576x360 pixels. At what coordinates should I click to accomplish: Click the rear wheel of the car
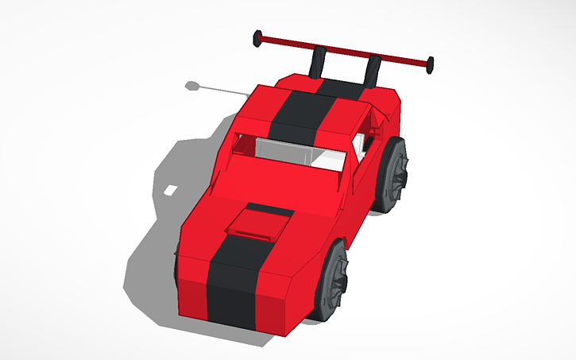click(x=392, y=176)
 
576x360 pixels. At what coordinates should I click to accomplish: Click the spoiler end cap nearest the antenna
click(x=257, y=37)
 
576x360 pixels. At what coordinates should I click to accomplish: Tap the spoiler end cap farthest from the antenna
click(x=430, y=63)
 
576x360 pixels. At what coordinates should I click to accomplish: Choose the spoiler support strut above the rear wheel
click(x=372, y=70)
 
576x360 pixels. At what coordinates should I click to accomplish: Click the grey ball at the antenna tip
click(x=191, y=83)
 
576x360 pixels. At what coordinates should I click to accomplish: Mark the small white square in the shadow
click(x=172, y=191)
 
